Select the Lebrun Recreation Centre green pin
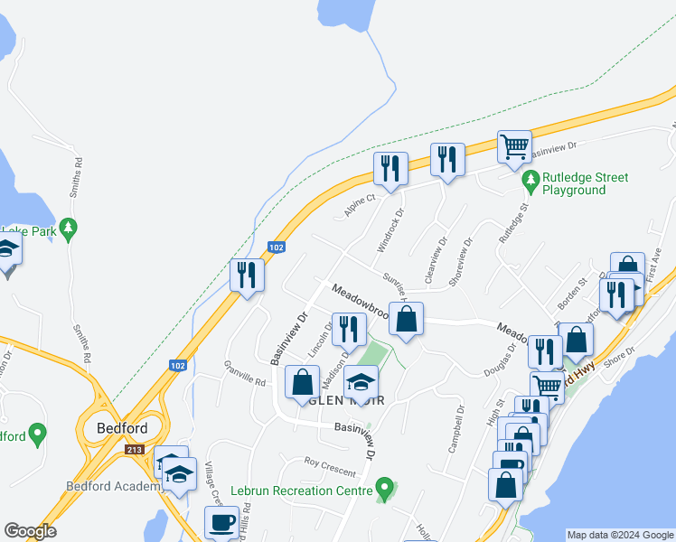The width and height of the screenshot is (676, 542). [x=385, y=490]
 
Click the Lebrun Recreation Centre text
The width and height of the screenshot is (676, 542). [x=302, y=491]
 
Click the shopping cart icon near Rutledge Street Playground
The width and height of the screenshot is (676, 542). [x=514, y=145]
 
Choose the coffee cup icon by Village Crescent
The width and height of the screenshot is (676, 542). [x=221, y=521]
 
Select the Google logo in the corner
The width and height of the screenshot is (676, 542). [x=30, y=531]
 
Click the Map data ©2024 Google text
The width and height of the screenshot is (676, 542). [x=619, y=535]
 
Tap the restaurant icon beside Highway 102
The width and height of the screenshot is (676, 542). [x=247, y=274]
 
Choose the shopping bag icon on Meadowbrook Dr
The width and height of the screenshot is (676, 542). [x=407, y=318]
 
